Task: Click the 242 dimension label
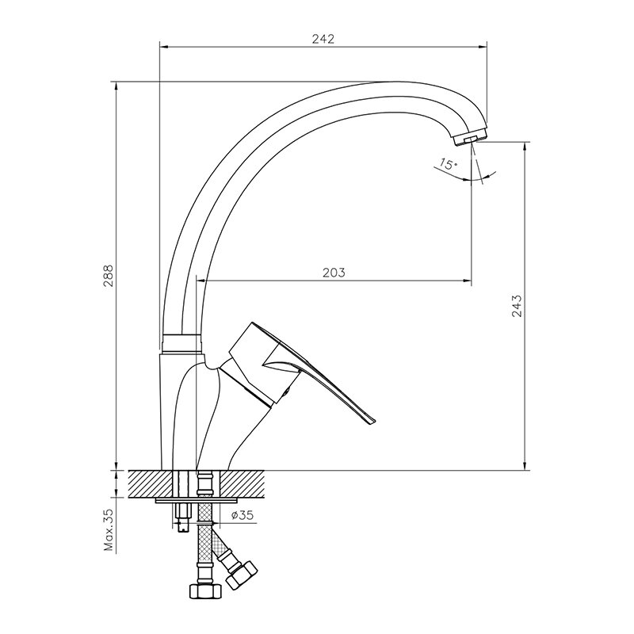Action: [323, 39]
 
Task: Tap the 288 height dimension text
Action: [108, 276]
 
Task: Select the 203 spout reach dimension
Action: [334, 273]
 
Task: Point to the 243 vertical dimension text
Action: [517, 305]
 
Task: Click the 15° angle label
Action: [448, 165]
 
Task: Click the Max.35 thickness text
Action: [109, 530]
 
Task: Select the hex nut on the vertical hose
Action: [206, 591]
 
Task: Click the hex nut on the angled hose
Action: [242, 574]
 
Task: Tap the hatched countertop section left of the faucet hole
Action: [151, 484]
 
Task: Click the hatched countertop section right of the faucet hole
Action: [242, 484]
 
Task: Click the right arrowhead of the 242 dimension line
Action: [483, 47]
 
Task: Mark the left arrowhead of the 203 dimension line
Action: [201, 280]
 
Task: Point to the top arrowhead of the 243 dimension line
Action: [525, 147]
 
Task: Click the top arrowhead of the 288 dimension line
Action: [116, 86]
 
